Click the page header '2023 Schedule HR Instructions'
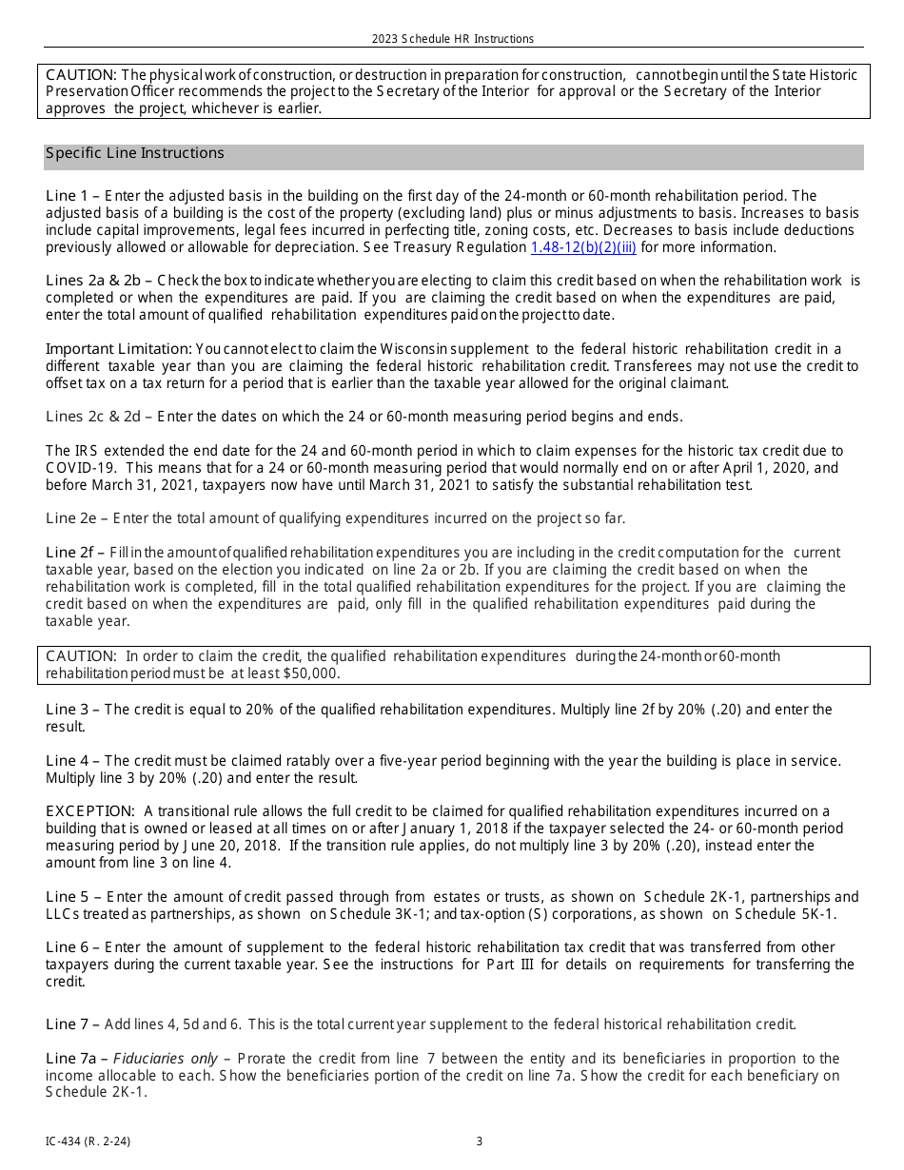(453, 39)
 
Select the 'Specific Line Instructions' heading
(135, 153)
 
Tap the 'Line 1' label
(66, 196)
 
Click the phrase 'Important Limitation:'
(119, 349)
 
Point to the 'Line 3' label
(66, 710)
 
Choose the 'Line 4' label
(66, 761)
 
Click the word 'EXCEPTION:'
(90, 811)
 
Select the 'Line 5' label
(66, 897)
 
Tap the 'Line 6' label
(66, 947)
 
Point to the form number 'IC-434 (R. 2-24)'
(88, 1141)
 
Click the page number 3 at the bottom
(480, 1141)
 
